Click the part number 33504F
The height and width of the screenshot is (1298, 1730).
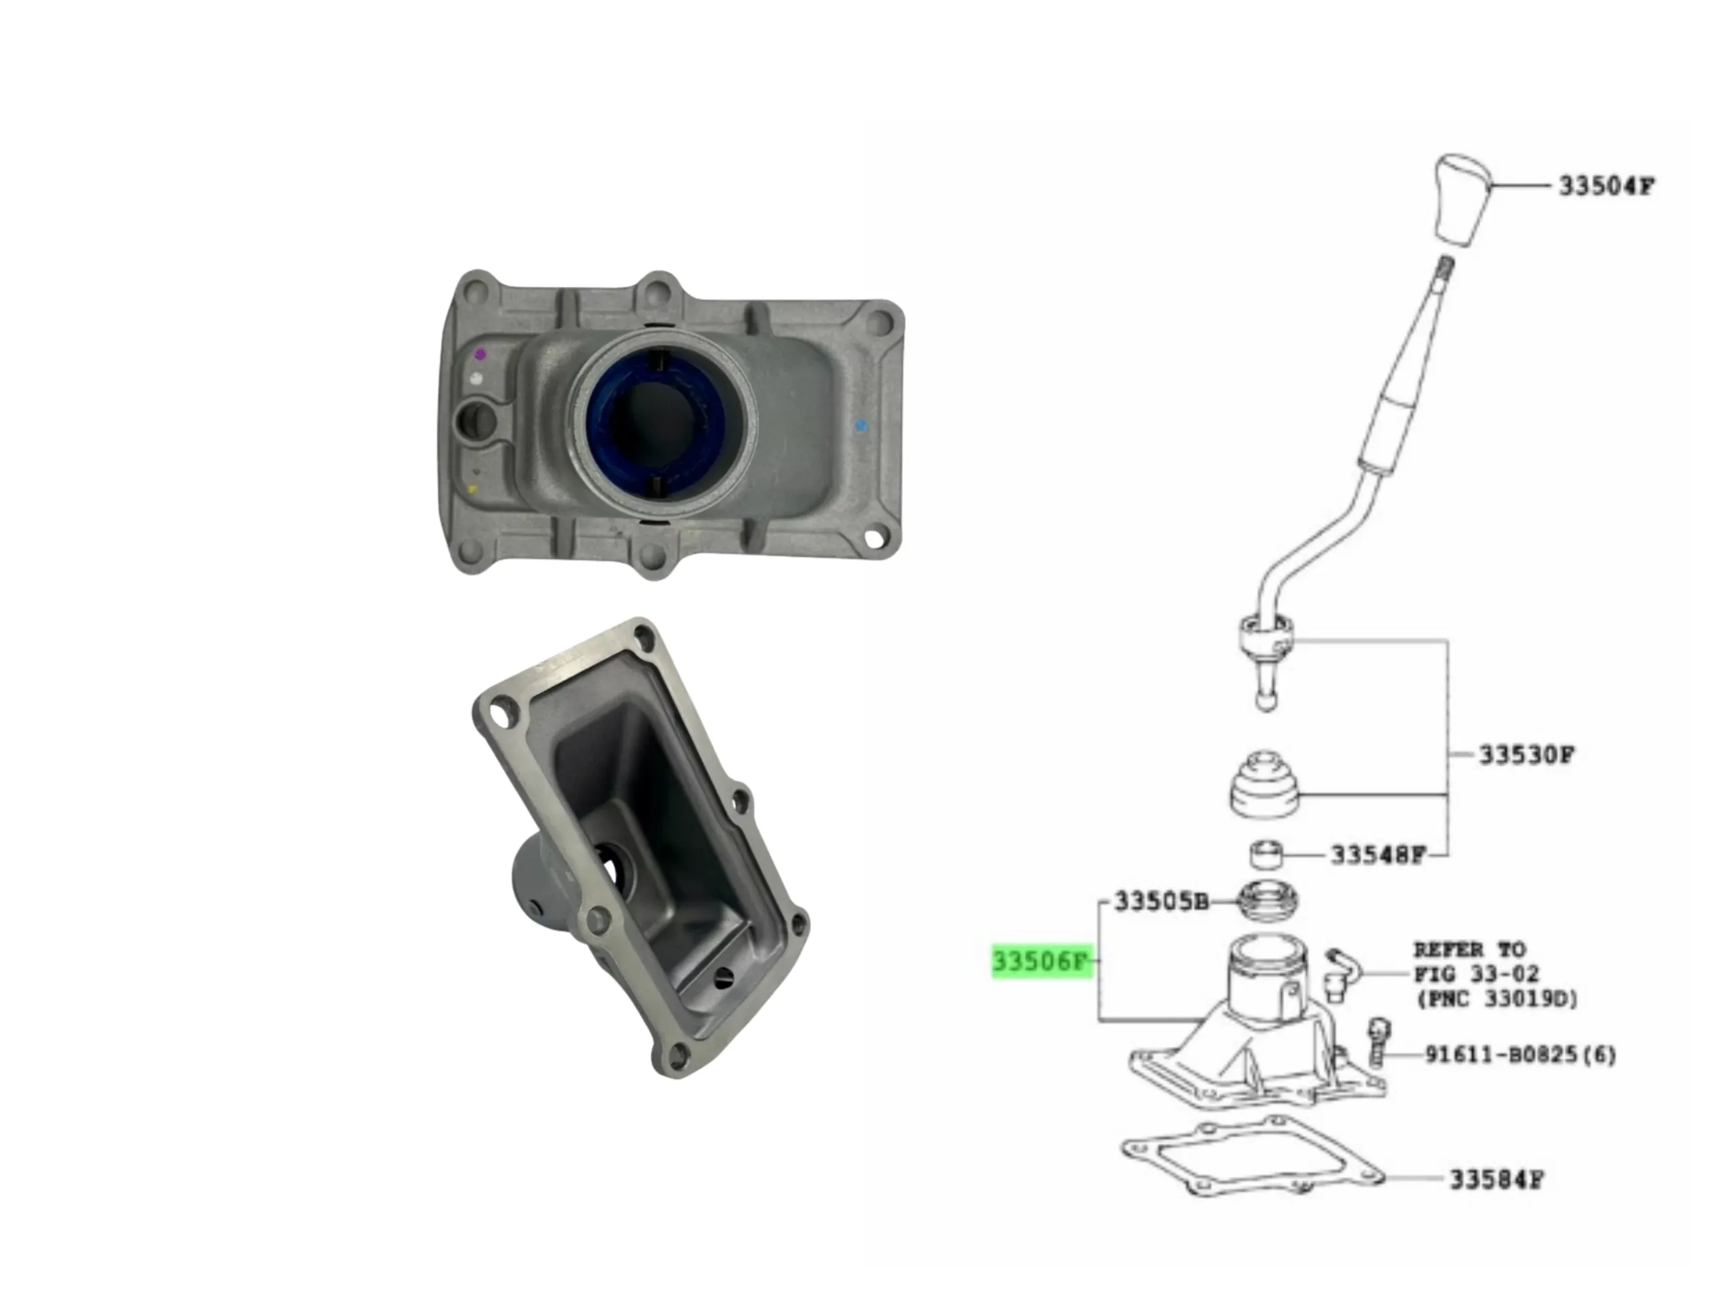(1606, 186)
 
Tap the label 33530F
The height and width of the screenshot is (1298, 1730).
(1526, 755)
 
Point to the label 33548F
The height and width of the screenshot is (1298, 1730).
(1379, 855)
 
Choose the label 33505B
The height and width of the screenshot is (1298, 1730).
(1162, 901)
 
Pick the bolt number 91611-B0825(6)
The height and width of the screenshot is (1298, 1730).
(1521, 1055)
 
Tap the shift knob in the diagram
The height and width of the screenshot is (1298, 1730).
(1463, 199)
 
